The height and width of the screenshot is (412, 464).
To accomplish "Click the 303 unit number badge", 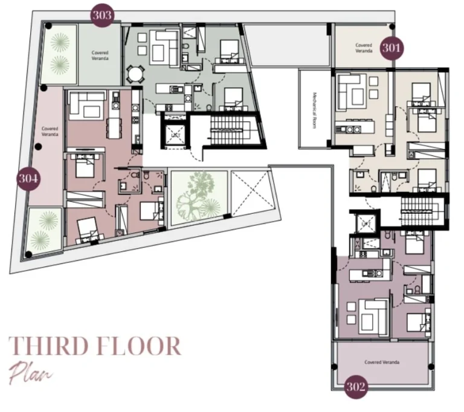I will (102, 15).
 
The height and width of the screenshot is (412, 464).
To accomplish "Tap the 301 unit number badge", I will (393, 47).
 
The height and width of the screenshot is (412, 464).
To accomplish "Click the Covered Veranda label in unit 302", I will (382, 362).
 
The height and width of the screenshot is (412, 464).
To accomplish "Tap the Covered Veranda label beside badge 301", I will (364, 48).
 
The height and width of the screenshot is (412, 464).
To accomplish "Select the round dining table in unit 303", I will (136, 74).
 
